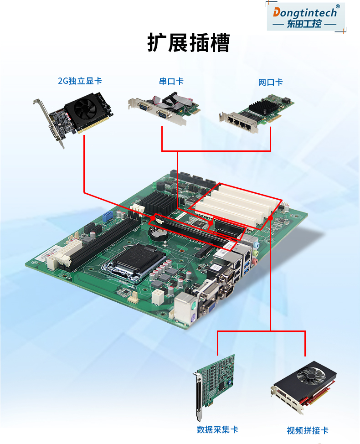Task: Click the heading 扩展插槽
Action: coord(189,43)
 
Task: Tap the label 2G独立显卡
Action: coord(80,81)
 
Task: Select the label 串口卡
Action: coord(171,81)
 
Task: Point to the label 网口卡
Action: coord(270,82)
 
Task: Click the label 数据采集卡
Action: coord(217,429)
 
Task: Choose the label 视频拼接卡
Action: coord(307,430)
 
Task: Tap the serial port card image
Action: coord(164,110)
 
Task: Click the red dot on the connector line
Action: coord(271,218)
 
